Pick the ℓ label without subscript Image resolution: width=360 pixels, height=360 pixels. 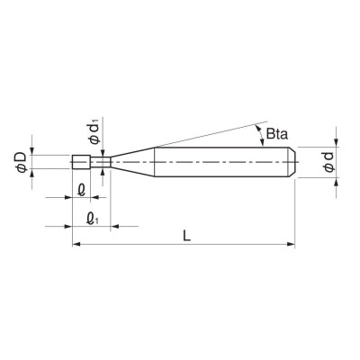click(x=82, y=190)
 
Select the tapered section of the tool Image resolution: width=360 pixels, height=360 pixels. click(x=130, y=163)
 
